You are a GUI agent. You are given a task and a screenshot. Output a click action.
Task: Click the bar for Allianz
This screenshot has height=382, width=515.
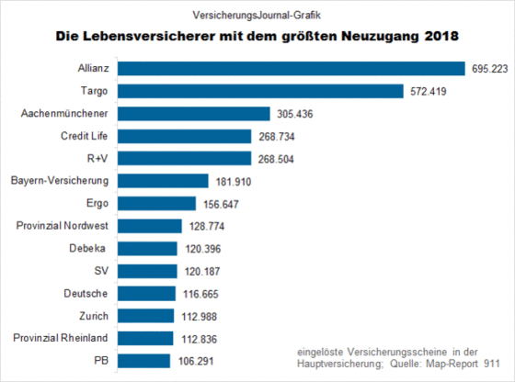(292, 69)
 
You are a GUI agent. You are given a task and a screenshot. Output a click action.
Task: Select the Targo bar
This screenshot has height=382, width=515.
(260, 91)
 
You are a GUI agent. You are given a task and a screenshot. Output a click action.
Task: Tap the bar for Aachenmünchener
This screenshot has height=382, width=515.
(194, 114)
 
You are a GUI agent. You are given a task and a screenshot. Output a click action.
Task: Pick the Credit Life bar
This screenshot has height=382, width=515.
(185, 137)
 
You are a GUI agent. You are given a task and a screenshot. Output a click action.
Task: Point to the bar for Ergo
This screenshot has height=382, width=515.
(156, 204)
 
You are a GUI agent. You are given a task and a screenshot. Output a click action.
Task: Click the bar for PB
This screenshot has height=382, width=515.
(143, 361)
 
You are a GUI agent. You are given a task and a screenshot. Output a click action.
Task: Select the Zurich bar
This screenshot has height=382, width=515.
(146, 316)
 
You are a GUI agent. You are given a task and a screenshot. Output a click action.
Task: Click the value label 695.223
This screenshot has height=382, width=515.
(490, 69)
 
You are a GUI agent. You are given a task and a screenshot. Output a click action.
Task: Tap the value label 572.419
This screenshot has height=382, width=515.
(429, 92)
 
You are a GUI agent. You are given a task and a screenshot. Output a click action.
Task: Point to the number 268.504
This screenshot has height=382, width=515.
(276, 160)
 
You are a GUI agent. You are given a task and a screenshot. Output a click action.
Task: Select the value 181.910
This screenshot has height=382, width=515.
(234, 182)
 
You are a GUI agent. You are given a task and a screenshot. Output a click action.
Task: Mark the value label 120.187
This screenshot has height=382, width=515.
(202, 272)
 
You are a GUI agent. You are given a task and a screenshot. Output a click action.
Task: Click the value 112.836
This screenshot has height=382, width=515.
(199, 339)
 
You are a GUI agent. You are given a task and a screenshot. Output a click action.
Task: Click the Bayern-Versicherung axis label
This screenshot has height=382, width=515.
(60, 181)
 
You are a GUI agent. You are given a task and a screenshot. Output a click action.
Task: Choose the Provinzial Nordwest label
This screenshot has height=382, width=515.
(63, 226)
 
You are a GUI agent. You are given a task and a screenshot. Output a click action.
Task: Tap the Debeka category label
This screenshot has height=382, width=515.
(87, 248)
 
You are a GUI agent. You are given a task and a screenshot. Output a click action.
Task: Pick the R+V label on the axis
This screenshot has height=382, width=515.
(97, 158)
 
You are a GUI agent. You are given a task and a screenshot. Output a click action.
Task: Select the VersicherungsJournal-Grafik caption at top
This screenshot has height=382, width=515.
(257, 15)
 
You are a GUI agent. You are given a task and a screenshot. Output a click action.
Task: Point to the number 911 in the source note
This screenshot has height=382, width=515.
(492, 364)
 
